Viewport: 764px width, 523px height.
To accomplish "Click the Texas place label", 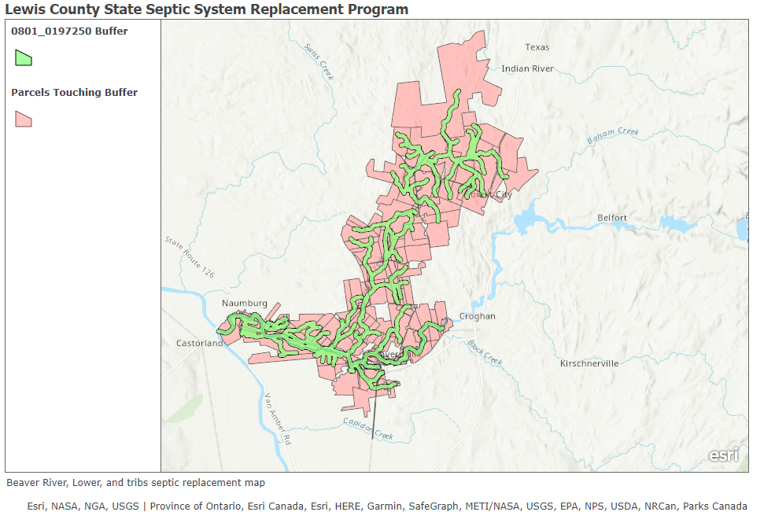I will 537,47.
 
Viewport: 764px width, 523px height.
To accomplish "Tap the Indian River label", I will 527,68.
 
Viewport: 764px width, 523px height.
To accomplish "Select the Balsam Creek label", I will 613,135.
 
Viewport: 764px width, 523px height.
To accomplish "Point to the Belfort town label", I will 611,217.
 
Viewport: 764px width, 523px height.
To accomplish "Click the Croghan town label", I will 478,316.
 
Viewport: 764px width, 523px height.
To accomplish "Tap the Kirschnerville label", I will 589,363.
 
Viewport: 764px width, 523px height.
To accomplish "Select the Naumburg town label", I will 244,303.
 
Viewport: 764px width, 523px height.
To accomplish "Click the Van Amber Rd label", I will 278,419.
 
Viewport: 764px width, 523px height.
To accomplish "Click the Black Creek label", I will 484,352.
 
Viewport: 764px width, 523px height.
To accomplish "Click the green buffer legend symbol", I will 24,57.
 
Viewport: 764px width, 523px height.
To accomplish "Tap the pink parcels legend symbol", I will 24,119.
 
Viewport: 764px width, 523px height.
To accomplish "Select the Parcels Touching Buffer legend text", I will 74,93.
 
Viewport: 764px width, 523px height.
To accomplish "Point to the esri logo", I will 723,455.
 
